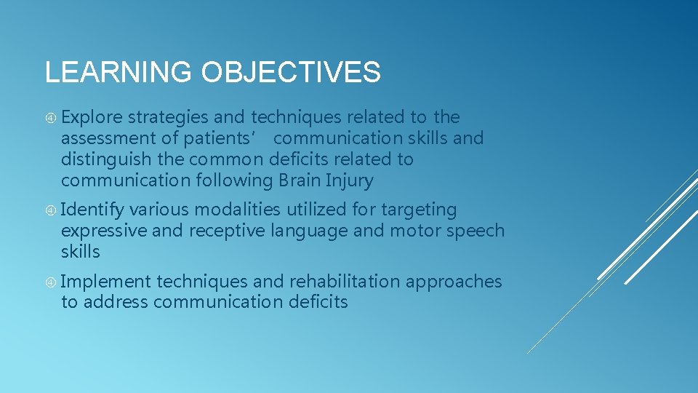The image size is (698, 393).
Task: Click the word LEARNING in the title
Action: coord(119,73)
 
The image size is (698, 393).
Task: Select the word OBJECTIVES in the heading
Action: coord(291,73)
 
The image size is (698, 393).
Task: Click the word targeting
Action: coord(418,210)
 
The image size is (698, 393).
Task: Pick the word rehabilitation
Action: coord(345,282)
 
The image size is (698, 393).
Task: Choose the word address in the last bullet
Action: coord(116,302)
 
